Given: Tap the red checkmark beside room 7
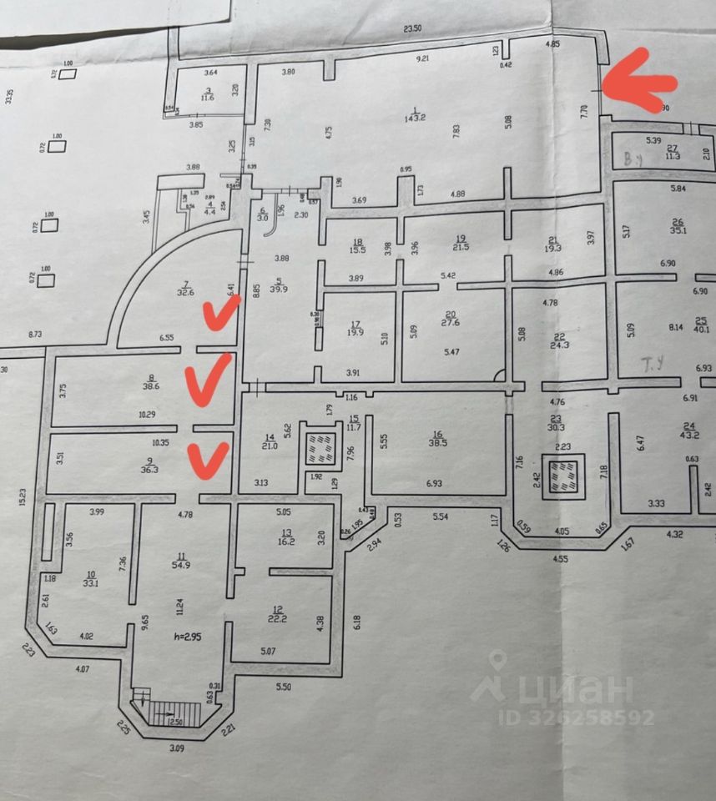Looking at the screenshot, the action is click(221, 315).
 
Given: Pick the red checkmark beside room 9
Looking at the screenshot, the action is click(207, 460).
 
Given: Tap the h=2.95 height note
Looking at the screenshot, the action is click(189, 637).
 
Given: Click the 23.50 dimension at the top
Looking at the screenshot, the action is click(412, 29).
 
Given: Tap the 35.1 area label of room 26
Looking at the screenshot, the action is click(678, 231).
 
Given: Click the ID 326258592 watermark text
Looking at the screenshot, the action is click(577, 717).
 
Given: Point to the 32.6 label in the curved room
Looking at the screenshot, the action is click(185, 292).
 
